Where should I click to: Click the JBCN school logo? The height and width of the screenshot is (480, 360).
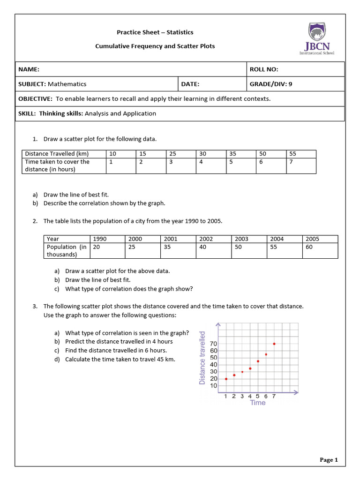[317, 39]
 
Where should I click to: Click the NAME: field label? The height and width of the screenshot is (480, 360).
[29, 69]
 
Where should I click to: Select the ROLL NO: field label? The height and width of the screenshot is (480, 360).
[264, 69]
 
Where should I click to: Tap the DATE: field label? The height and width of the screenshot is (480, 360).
[190, 84]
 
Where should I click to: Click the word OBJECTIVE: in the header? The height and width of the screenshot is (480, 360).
[35, 98]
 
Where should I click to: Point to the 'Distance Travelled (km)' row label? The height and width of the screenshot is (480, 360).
[57, 154]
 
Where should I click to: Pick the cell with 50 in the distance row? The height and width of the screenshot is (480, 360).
[262, 154]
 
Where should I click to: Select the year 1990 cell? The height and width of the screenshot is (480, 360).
[100, 239]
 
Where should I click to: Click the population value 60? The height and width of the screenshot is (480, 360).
[309, 247]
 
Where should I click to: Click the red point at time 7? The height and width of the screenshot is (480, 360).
[274, 344]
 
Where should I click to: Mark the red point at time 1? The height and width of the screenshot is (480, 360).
[226, 379]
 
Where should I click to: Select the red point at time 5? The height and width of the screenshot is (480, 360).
[258, 361]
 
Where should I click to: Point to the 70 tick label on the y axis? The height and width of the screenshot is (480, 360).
[214, 344]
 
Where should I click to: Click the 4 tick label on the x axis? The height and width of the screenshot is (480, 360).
[250, 397]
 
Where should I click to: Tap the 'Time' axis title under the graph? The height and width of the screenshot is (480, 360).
[258, 403]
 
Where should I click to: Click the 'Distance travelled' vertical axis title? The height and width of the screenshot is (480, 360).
[202, 358]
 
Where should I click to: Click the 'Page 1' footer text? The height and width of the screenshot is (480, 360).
[329, 460]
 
